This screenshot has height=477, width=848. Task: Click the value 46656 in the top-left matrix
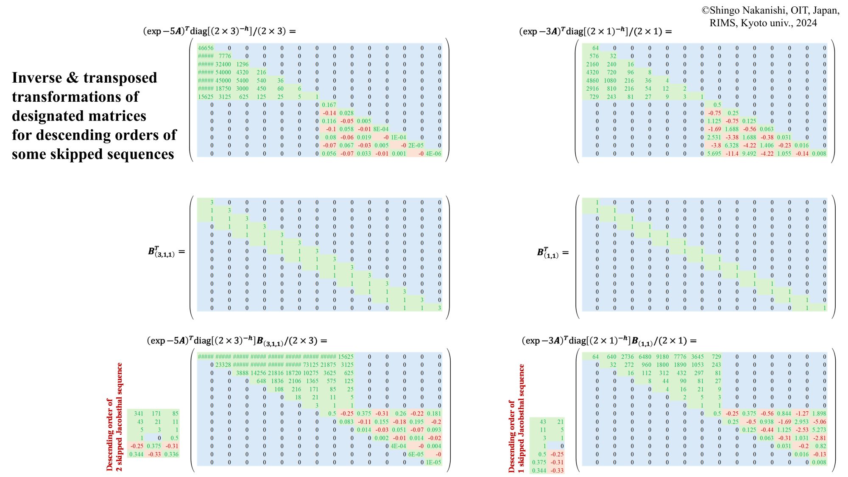(x=206, y=48)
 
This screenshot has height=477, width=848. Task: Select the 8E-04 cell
(x=381, y=129)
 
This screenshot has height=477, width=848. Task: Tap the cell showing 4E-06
(x=433, y=153)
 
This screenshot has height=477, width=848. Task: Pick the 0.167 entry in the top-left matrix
(x=329, y=105)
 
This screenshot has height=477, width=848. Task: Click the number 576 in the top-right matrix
(x=594, y=56)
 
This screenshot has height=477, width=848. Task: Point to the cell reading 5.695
(x=714, y=153)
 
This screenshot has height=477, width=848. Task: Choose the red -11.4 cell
(x=732, y=153)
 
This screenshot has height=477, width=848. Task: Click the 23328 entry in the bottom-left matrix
(x=223, y=365)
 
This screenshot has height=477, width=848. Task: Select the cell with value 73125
(x=311, y=365)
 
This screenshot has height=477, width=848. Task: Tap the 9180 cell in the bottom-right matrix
(x=662, y=357)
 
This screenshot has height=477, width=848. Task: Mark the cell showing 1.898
(x=819, y=413)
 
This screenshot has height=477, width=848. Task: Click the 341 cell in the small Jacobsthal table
(x=139, y=413)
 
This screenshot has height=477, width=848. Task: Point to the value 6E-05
(x=416, y=454)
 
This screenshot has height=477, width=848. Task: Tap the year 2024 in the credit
(x=806, y=23)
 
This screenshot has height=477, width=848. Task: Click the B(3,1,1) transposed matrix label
(x=161, y=251)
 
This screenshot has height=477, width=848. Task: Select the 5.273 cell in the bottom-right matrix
(x=819, y=430)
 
